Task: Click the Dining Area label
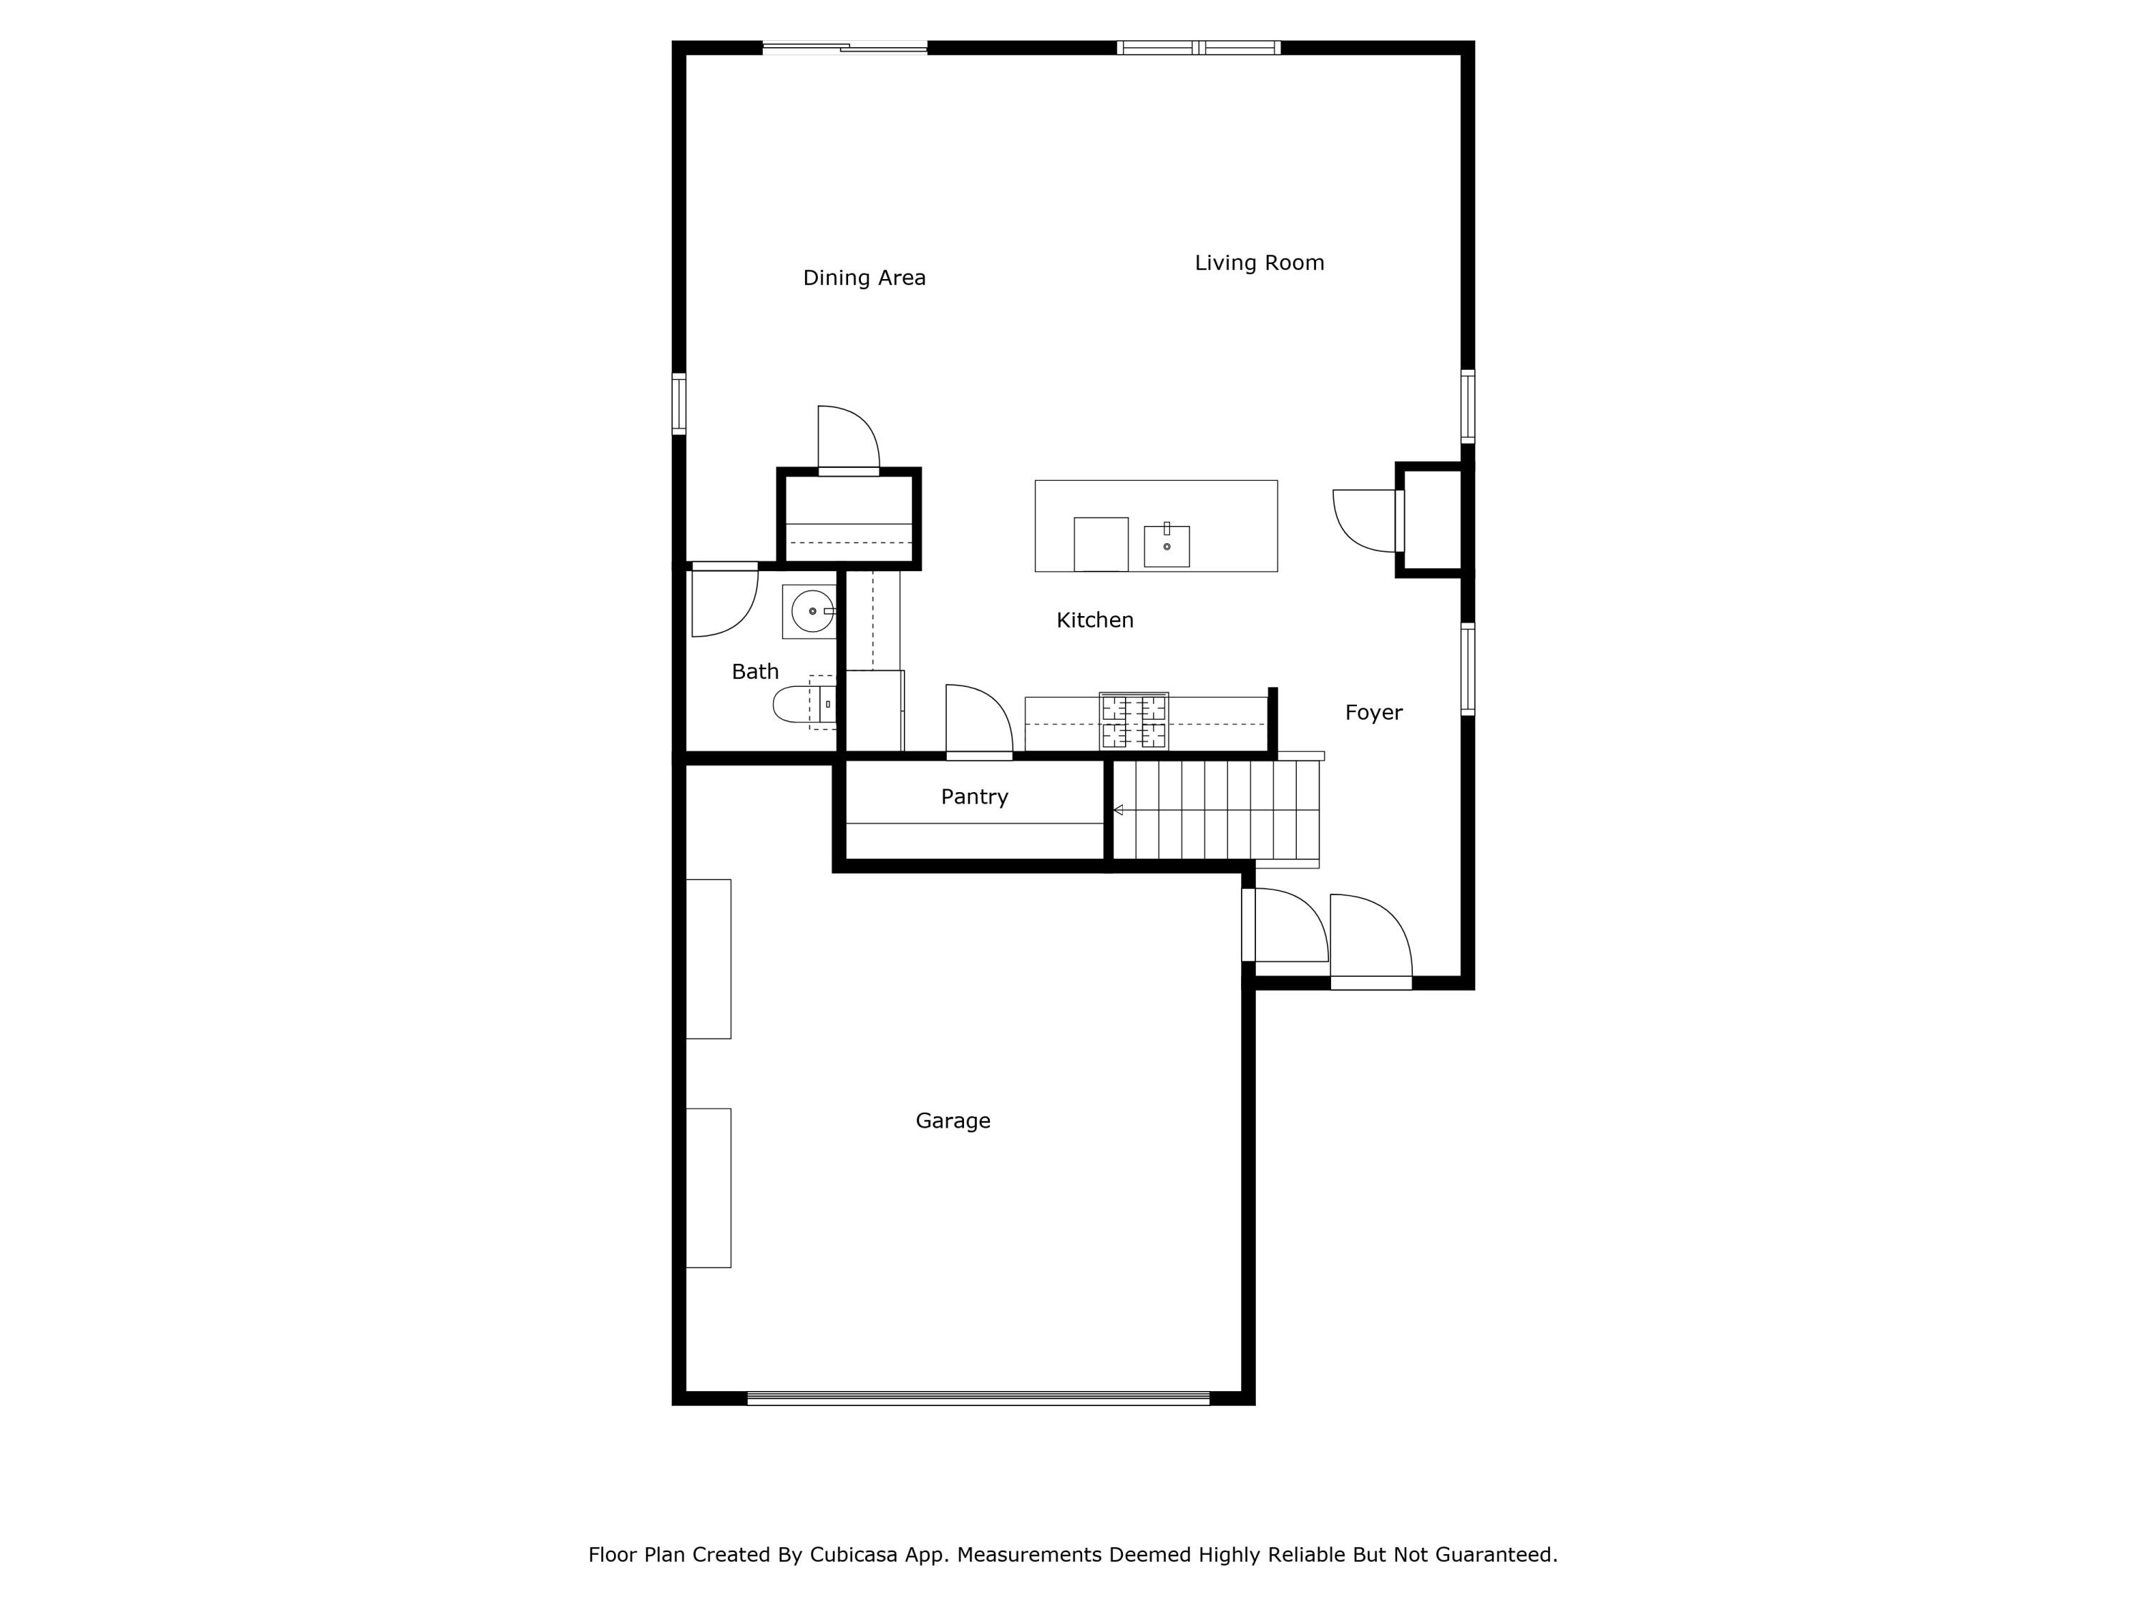tap(864, 278)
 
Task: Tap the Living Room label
tap(1259, 263)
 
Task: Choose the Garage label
tap(952, 1121)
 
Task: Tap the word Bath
tap(754, 672)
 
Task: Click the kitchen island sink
tap(1166, 547)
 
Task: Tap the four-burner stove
tap(1133, 721)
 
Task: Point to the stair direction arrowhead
tap(1118, 809)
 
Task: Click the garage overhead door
tap(978, 1397)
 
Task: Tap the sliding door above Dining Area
tap(844, 47)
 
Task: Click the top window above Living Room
tap(1198, 47)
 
